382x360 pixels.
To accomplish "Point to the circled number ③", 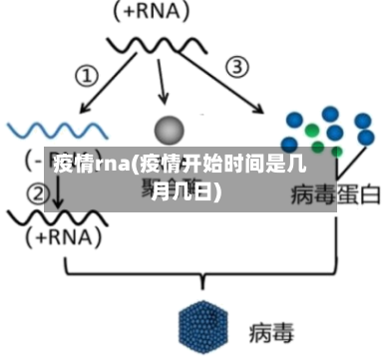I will click(x=236, y=67).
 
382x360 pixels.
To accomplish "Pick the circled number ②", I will click(x=37, y=192).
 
